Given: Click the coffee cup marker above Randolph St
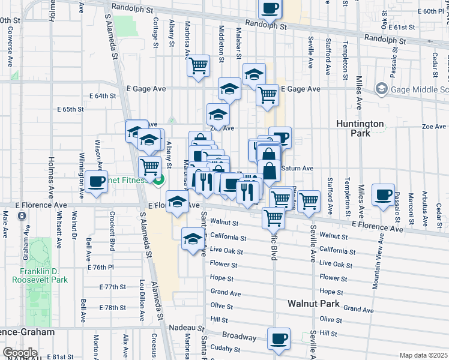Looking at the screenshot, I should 270,10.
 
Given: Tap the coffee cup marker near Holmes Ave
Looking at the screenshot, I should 95,182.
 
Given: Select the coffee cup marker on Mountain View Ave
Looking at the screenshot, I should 383,194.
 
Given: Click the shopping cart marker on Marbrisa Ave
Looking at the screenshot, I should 198,67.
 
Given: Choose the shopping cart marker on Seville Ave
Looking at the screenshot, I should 309,201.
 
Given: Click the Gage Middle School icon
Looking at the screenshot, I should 381,89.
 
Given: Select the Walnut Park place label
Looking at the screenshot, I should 313,304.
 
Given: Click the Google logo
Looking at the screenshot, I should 20,353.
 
